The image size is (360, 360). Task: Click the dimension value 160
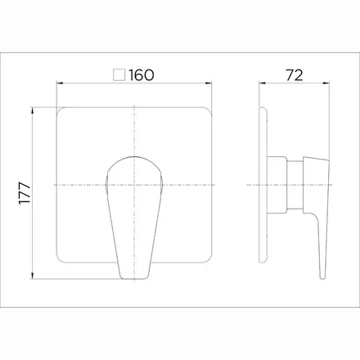(142, 75)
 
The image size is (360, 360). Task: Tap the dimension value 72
(295, 75)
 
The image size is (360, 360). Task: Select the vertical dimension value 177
(25, 193)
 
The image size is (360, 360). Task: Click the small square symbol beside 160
(119, 75)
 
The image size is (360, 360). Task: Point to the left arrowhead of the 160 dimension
(60, 83)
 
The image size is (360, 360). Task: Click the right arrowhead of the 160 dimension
(209, 83)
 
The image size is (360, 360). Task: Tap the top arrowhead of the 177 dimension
(33, 110)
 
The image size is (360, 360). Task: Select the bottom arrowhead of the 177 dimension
(33, 276)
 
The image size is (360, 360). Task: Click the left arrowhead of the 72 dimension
(262, 83)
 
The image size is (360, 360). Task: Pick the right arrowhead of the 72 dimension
(326, 83)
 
